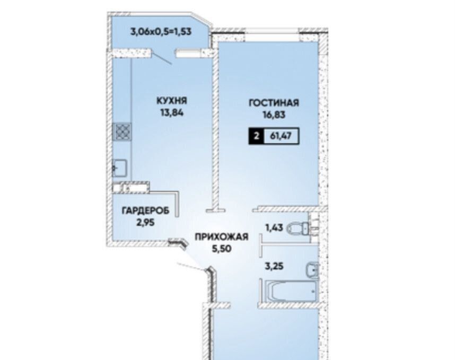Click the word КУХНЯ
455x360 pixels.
[172, 101]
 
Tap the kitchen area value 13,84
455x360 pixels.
[172, 112]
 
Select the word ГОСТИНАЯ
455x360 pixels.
[274, 103]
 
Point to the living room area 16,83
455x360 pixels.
[274, 115]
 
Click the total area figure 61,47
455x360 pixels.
[281, 136]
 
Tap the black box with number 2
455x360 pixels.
[256, 136]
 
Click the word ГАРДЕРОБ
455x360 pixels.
[146, 210]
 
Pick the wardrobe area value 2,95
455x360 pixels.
[145, 223]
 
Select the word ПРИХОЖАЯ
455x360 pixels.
[222, 236]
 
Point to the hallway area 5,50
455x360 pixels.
[222, 249]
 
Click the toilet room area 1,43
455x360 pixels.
[274, 228]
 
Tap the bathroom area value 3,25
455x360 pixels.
[274, 266]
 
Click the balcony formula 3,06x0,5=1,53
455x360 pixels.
[161, 31]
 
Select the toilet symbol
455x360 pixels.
[299, 229]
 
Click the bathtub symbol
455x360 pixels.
[292, 291]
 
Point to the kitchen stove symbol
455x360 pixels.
[122, 132]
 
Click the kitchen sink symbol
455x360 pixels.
[119, 168]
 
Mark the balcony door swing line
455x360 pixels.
[162, 58]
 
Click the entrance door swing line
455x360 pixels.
[192, 267]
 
